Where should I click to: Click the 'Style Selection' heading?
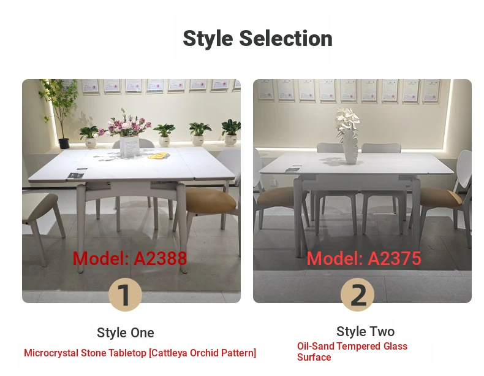pos(257,39)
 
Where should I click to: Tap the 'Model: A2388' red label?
pos(130,258)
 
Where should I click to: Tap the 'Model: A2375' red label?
pos(364,258)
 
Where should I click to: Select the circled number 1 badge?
pos(125,294)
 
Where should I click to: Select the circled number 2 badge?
pos(357,294)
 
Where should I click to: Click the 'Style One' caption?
pos(126,332)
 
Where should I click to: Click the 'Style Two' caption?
pos(366,331)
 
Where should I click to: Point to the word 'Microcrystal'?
pos(51,353)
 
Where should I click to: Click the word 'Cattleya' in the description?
pos(168,353)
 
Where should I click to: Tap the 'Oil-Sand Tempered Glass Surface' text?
pos(352,351)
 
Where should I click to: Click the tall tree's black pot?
pos(64,144)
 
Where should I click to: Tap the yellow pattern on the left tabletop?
pos(157,156)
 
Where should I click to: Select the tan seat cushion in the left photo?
pos(211,199)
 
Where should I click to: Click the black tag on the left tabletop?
pos(76,174)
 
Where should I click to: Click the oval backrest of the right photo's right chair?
pos(464,170)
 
